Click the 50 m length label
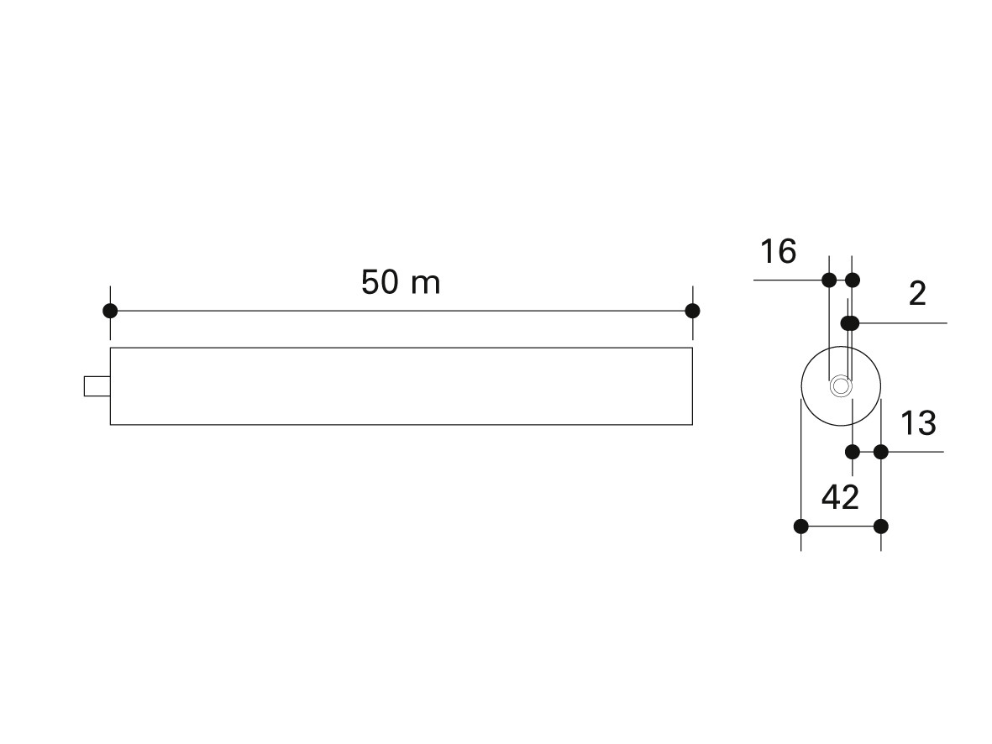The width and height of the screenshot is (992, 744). click(401, 282)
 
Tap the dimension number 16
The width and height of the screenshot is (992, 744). click(778, 251)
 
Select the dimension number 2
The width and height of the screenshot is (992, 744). click(917, 294)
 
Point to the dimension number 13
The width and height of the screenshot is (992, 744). click(918, 423)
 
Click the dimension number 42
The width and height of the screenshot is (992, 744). click(840, 497)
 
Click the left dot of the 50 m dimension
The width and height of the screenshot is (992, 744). click(110, 311)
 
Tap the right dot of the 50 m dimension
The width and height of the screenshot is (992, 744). click(692, 311)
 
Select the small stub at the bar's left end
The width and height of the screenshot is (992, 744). click(97, 386)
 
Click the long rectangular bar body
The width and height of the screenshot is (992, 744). click(402, 386)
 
